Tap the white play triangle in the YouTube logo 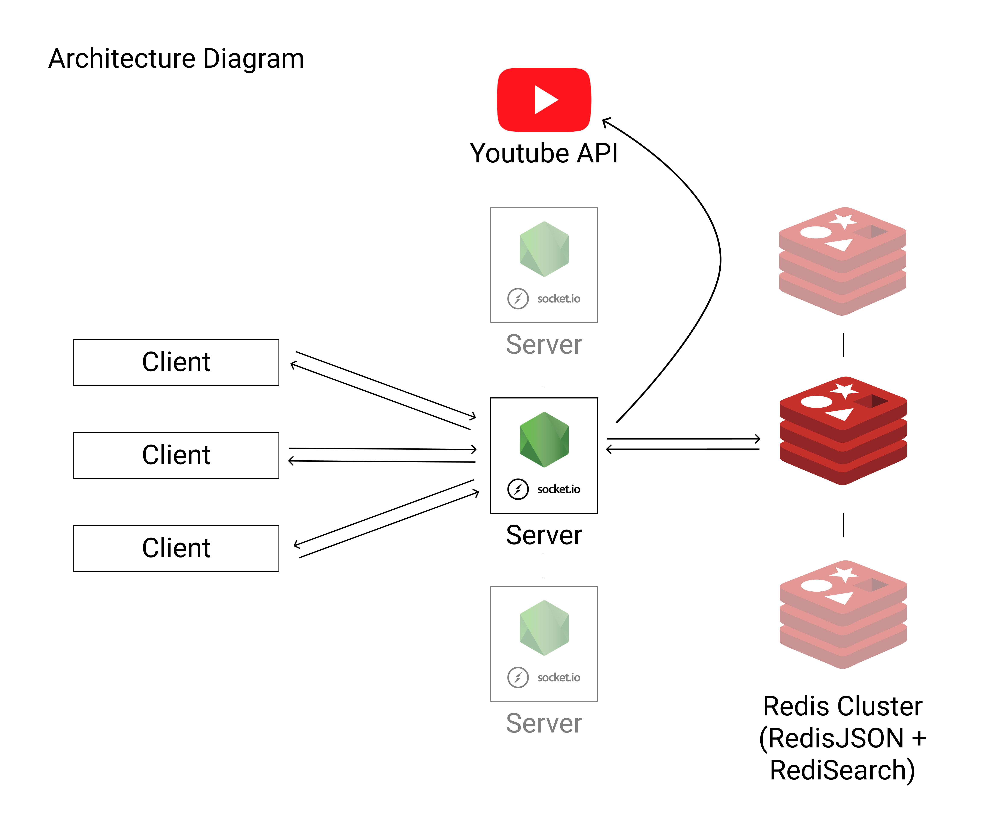coord(545,100)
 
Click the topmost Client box coord(176,362)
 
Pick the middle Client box coord(176,455)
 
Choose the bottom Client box coord(176,548)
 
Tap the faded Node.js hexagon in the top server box coord(544,249)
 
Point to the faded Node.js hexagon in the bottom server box coord(544,628)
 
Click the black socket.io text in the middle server coord(559,489)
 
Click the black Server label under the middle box coord(544,535)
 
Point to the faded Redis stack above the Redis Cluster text coord(843,614)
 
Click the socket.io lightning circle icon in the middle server coord(518,489)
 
